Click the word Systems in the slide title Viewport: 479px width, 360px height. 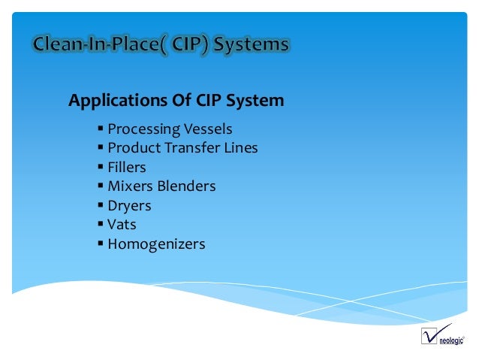click(251, 45)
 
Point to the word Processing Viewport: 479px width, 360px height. click(140, 129)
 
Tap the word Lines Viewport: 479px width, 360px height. click(241, 148)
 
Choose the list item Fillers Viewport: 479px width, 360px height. click(127, 167)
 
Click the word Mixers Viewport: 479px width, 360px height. click(130, 186)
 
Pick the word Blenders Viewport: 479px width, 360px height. click(186, 186)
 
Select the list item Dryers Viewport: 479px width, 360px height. click(129, 205)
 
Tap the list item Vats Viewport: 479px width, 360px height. click(122, 224)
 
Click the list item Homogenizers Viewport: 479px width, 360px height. click(156, 244)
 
